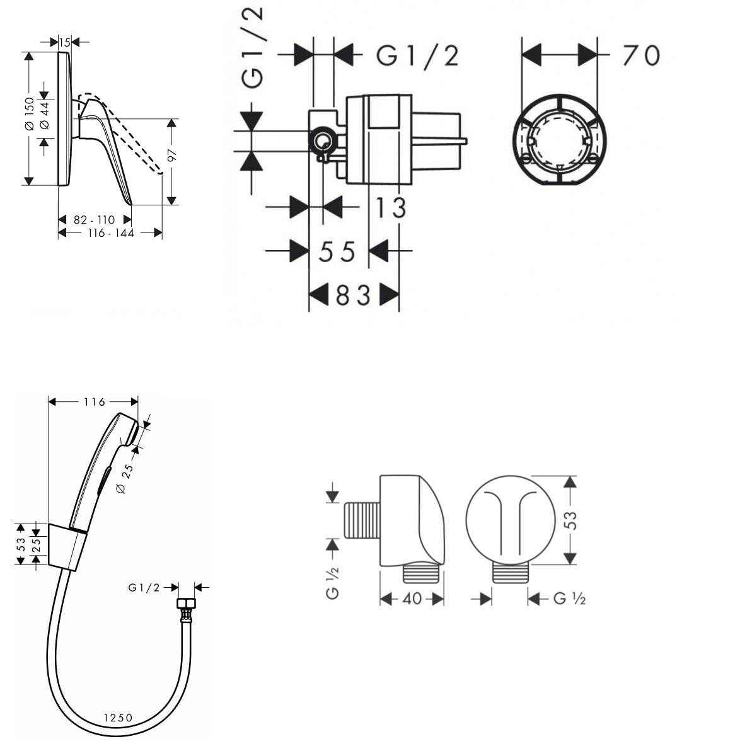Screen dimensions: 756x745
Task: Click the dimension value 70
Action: (x=640, y=55)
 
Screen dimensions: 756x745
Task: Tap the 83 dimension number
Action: (x=353, y=294)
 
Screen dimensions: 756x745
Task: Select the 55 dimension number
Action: (x=337, y=252)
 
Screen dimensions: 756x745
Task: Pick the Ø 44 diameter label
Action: (x=44, y=116)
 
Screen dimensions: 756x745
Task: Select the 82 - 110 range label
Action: (x=95, y=220)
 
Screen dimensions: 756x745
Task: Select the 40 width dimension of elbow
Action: (x=412, y=599)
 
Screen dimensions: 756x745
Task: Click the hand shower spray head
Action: (x=130, y=432)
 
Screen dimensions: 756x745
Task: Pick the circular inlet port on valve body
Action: (x=323, y=140)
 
